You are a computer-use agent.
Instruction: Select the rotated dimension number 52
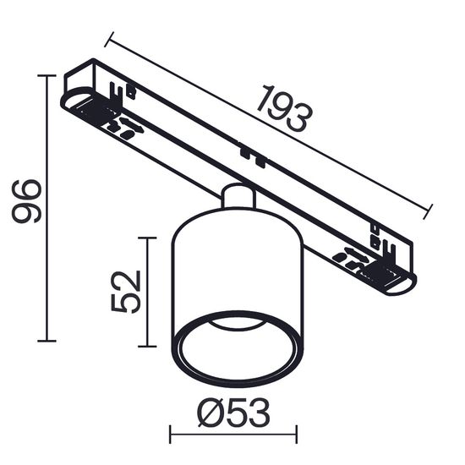click(x=125, y=291)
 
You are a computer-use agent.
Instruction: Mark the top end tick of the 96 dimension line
click(x=47, y=75)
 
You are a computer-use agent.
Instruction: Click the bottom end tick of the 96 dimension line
click(x=47, y=341)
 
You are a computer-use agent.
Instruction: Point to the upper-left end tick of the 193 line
click(x=109, y=39)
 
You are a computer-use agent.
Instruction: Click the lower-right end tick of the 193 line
click(x=428, y=211)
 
